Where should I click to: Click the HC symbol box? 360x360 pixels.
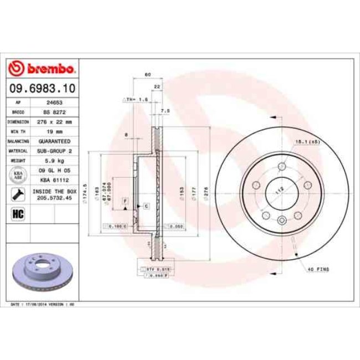pyautogui.click(x=17, y=212)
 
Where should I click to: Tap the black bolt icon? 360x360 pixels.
pyautogui.click(x=17, y=193)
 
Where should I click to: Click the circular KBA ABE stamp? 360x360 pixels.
pyautogui.click(x=17, y=175)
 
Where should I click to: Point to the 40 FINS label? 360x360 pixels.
pyautogui.click(x=318, y=269)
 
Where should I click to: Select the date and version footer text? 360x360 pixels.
pyautogui.click(x=49, y=305)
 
